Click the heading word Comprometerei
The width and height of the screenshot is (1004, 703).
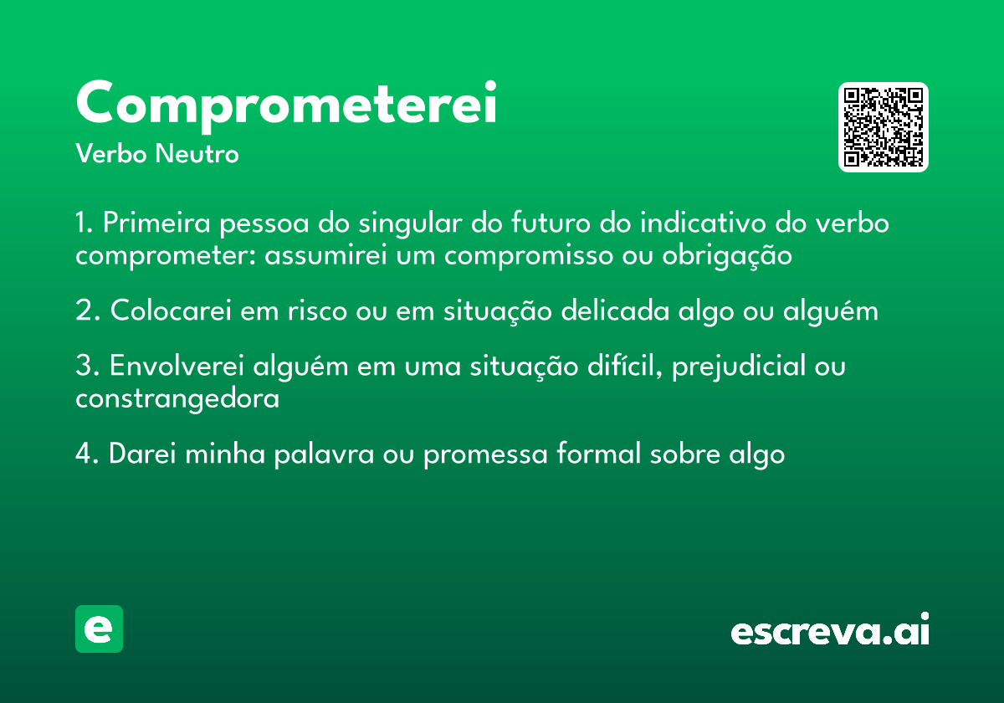[x=286, y=104]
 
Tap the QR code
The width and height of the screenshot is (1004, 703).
[x=884, y=127]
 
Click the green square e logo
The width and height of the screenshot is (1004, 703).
[x=99, y=629]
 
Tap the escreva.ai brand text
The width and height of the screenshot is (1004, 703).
[x=830, y=632]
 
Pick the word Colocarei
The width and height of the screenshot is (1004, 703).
[x=172, y=311]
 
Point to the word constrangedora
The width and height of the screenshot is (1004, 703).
[x=177, y=399]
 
